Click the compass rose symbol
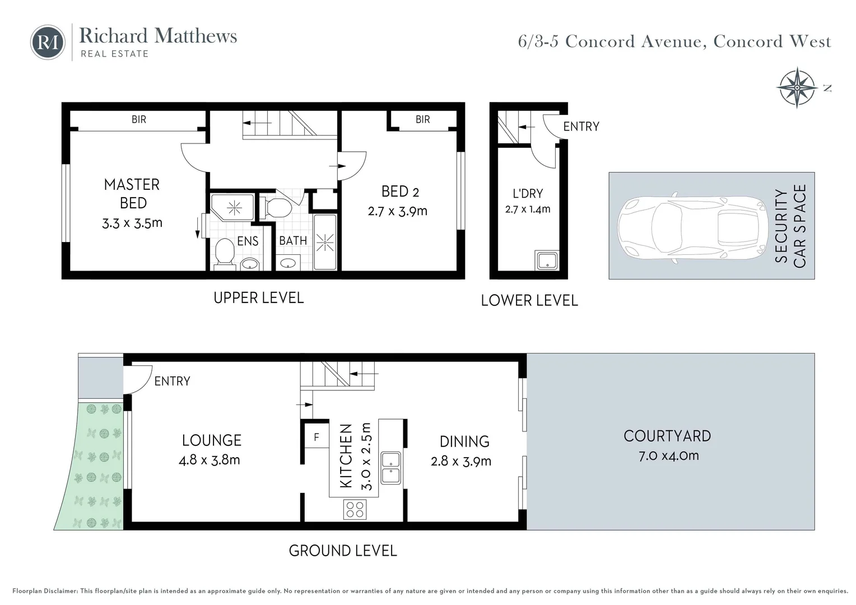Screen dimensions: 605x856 [796, 87]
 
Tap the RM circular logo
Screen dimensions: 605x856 [48, 42]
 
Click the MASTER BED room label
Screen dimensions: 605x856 [132, 193]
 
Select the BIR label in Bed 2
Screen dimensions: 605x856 [423, 119]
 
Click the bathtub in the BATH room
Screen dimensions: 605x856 [325, 242]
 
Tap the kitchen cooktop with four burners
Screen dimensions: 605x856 [355, 509]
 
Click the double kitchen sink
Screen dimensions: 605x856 [390, 468]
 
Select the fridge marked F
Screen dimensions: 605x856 [316, 437]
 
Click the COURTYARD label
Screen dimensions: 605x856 [667, 436]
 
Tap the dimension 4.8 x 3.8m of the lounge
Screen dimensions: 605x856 [209, 460]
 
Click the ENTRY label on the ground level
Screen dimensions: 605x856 [172, 381]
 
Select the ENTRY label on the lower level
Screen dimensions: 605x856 [581, 127]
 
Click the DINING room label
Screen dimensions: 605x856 [464, 441]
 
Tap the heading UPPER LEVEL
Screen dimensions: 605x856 [258, 297]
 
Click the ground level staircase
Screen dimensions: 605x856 [336, 375]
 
